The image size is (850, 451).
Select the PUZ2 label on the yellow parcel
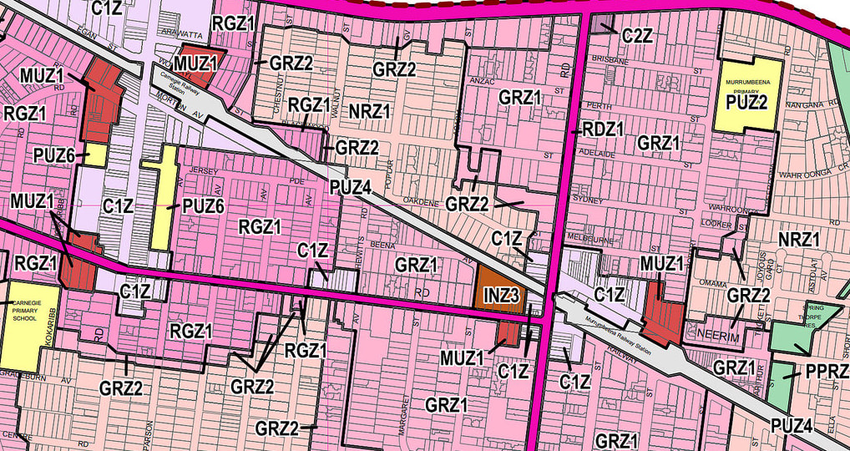click(x=747, y=101)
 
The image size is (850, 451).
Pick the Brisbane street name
click(x=609, y=61)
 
